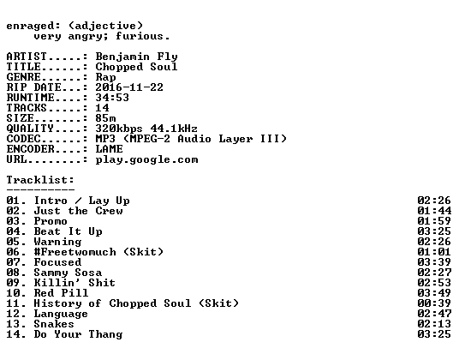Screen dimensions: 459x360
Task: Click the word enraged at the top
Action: click(x=30, y=26)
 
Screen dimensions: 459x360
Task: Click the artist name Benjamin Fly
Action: click(x=136, y=57)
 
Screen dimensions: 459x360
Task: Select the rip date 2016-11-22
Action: click(x=129, y=87)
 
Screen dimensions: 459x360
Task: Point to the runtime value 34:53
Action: click(x=112, y=98)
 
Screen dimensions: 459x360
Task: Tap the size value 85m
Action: click(x=105, y=118)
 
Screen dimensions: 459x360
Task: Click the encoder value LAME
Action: click(x=109, y=149)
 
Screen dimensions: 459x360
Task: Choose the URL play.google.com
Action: click(x=146, y=159)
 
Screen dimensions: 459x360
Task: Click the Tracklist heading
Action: click(x=40, y=180)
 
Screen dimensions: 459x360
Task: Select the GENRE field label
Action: click(x=23, y=77)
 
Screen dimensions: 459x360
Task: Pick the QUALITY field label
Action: click(x=30, y=129)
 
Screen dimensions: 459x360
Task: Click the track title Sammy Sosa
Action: click(x=68, y=273)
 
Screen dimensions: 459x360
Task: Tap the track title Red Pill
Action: click(x=61, y=293)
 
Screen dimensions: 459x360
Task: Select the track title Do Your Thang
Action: click(x=78, y=334)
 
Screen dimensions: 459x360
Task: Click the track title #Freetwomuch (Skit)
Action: click(x=98, y=252)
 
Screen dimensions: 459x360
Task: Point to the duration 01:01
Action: click(x=434, y=252)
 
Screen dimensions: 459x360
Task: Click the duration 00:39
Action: click(x=434, y=303)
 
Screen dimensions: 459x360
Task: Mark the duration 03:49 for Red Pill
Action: click(x=434, y=293)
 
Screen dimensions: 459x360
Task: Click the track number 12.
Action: click(x=14, y=314)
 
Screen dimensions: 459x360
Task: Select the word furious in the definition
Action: click(x=139, y=36)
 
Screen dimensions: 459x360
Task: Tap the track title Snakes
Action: click(x=54, y=324)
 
